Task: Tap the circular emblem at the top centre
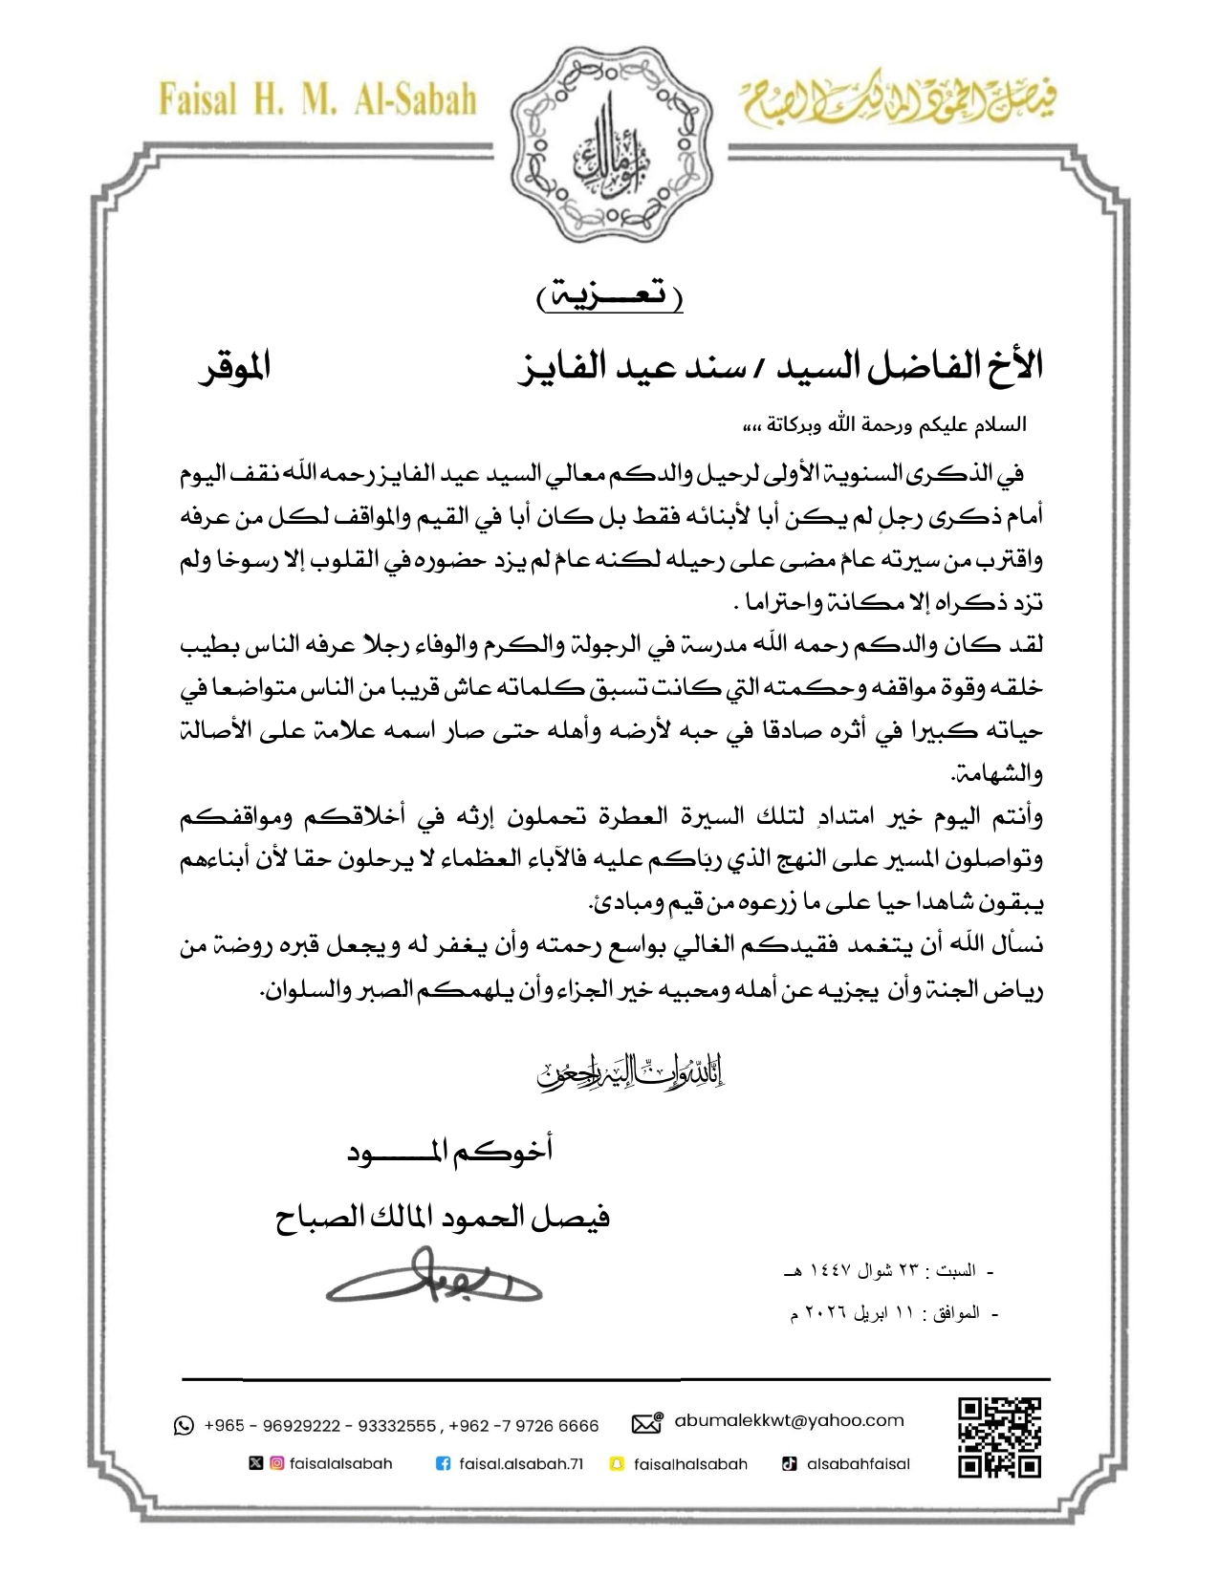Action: coord(609,143)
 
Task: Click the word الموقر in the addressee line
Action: coord(234,367)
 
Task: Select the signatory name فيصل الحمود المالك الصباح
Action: coord(443,1217)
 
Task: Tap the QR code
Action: coord(999,1437)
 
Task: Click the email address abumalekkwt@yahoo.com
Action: coord(789,1420)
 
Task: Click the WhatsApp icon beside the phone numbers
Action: coord(184,1426)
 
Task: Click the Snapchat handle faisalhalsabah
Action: coord(690,1463)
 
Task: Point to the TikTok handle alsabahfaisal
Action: coord(858,1463)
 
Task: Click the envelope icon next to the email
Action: coord(647,1423)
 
